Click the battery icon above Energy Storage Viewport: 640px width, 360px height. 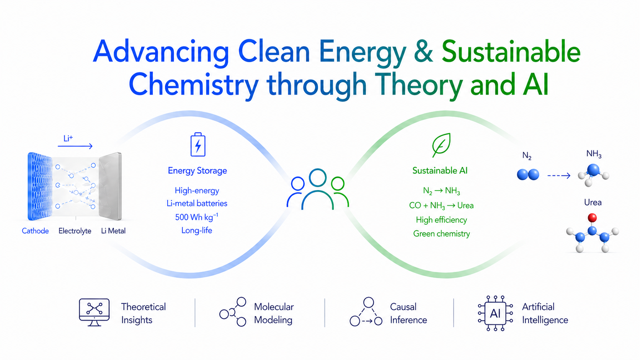(x=198, y=145)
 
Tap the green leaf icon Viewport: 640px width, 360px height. (x=441, y=145)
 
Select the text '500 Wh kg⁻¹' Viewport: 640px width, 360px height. (x=197, y=217)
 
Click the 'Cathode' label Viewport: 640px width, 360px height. (x=35, y=231)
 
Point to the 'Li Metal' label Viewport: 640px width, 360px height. (x=113, y=231)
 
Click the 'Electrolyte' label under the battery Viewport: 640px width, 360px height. (x=75, y=231)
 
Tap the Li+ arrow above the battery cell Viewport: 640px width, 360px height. (x=75, y=146)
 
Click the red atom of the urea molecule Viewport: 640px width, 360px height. (x=592, y=218)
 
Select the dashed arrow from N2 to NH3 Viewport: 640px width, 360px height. (x=559, y=176)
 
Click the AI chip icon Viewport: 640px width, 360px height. (x=495, y=313)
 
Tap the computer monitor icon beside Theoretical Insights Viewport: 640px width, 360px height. (x=94, y=312)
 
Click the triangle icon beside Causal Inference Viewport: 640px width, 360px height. (x=366, y=312)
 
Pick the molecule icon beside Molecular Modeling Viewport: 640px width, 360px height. (x=233, y=312)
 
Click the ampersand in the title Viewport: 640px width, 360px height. (x=423, y=52)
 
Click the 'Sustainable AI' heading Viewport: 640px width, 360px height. (x=440, y=171)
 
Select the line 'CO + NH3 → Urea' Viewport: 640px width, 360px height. (x=441, y=205)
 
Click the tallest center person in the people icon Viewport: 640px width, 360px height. (x=317, y=189)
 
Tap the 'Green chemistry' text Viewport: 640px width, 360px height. (x=441, y=233)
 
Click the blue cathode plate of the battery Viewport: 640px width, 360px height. (x=39, y=186)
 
